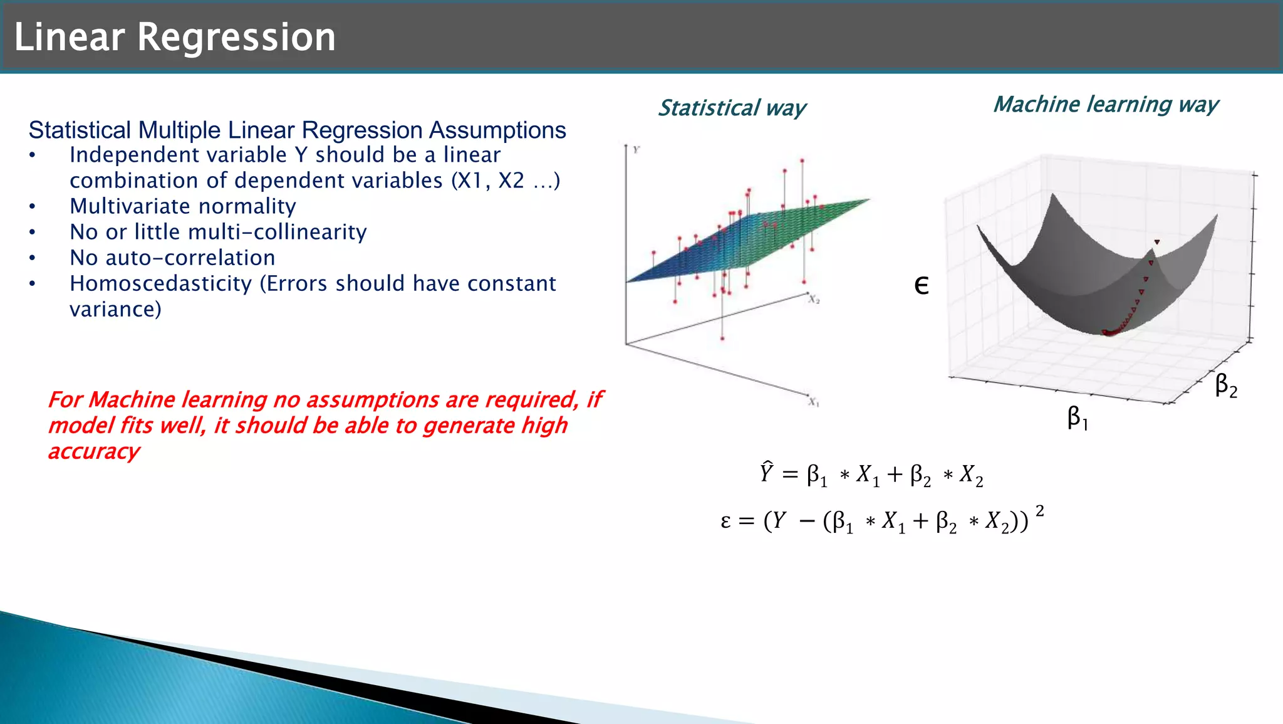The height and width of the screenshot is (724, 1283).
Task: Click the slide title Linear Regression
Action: [x=175, y=36]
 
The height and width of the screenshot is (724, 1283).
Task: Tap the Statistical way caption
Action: [x=732, y=108]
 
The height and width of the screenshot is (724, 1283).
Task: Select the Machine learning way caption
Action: [x=1106, y=104]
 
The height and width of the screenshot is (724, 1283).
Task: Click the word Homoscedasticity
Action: [x=160, y=283]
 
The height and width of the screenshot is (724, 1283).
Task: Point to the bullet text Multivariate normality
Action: [x=182, y=206]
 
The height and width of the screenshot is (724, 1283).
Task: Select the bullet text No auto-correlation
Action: [x=172, y=258]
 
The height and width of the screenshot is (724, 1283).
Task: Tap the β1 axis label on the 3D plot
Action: [x=1077, y=417]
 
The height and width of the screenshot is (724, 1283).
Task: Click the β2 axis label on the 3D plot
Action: [x=1225, y=385]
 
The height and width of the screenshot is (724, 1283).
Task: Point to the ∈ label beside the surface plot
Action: [x=921, y=286]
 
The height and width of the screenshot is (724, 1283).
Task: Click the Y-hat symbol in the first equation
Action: [x=766, y=472]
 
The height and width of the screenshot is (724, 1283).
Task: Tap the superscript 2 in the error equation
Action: [x=1039, y=511]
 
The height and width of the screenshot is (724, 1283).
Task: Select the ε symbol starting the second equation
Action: [x=725, y=521]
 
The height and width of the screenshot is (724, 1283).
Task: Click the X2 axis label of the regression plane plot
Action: [x=814, y=300]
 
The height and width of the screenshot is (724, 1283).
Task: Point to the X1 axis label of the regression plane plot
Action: [x=813, y=402]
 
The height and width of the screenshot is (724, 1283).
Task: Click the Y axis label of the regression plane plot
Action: [x=636, y=150]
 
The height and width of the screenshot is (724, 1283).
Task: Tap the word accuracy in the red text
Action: [x=94, y=451]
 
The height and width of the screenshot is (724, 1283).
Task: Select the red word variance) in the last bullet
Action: [x=115, y=309]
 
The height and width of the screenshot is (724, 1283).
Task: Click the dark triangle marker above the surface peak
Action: [x=1156, y=242]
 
